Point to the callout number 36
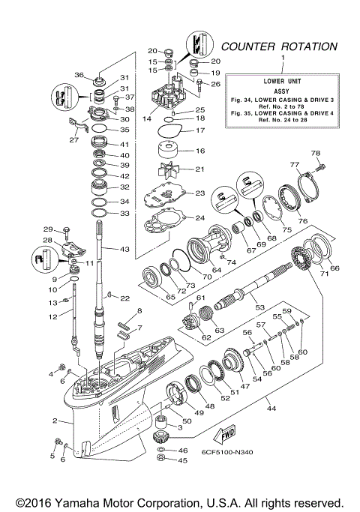[x=80, y=74]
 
